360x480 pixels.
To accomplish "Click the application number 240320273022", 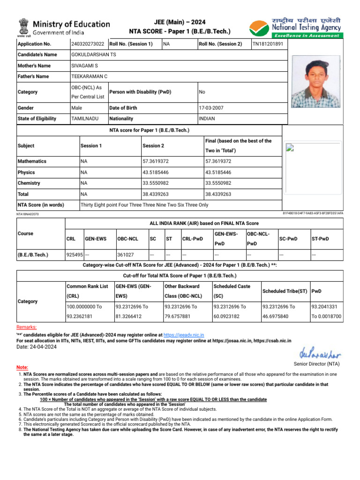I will coord(88,44).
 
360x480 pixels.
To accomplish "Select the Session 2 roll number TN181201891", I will coord(268,44).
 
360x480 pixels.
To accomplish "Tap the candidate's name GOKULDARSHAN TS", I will coord(93,55).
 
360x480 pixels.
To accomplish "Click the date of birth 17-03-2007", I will coord(211,108).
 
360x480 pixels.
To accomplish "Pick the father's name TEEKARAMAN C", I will coord(89,76).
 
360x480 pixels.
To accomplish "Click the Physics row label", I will coord(26,172).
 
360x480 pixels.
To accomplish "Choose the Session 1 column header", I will coord(91,146).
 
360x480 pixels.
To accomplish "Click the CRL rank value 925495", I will coord(75,255).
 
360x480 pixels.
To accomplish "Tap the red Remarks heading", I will coord(26,327).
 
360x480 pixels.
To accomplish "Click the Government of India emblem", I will coord(23,27).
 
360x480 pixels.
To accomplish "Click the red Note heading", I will coord(22,367).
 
